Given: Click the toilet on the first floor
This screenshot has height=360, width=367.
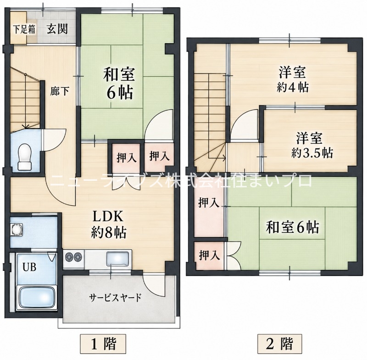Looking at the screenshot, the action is click(24, 157).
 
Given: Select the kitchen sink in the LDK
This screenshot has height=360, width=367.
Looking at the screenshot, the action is click(118, 259).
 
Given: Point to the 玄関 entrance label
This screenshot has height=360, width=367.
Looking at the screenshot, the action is click(57, 29).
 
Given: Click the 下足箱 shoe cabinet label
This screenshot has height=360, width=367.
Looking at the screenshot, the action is click(24, 29).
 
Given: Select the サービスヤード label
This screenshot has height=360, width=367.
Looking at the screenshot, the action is click(116, 297).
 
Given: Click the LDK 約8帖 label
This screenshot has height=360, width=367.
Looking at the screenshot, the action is click(109, 225).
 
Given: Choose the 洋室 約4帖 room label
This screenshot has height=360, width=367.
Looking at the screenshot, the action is click(293, 79).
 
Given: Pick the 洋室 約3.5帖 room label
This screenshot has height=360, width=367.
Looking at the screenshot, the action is click(312, 145).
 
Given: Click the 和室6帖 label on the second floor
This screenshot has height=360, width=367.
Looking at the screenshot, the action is click(292, 227).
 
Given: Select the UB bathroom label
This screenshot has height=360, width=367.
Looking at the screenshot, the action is click(29, 267).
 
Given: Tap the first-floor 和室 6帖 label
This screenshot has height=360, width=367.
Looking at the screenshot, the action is click(120, 83).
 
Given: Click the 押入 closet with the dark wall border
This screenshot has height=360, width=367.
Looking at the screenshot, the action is click(126, 157).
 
